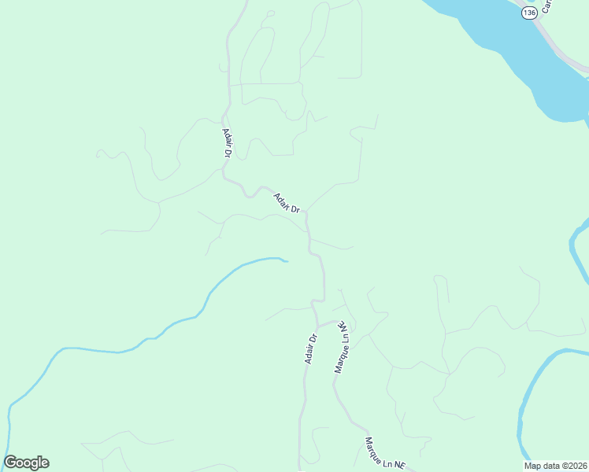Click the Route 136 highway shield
click(529, 13)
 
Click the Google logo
click(26, 463)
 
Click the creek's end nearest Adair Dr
click(286, 260)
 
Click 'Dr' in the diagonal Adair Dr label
click(296, 208)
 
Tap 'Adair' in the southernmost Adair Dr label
click(309, 353)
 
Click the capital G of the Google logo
click(11, 463)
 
